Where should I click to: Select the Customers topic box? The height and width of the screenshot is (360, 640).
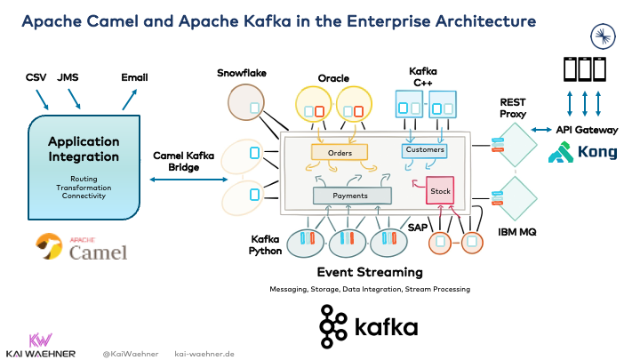(425, 151)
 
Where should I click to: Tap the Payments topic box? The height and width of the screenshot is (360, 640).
(353, 195)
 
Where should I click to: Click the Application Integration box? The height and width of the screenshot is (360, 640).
(84, 163)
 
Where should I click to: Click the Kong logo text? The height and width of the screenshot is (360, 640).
(597, 152)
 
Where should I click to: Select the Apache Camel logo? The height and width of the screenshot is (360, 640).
(83, 248)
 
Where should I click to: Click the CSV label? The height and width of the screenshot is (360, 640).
(36, 78)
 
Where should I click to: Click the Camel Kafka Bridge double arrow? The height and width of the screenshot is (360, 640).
(186, 180)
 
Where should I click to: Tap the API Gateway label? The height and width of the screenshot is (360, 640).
(586, 130)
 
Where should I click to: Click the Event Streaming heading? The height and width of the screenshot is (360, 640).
(370, 272)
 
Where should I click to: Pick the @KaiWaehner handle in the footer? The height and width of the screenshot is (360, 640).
(131, 353)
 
